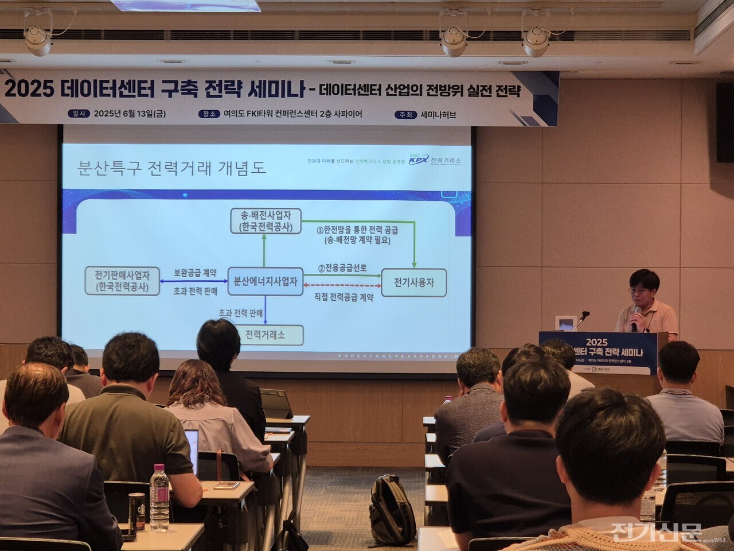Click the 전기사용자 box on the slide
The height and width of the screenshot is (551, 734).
pos(413,282)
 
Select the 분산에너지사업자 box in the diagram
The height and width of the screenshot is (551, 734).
pos(265,282)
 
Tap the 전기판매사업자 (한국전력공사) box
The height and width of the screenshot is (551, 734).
pos(122,281)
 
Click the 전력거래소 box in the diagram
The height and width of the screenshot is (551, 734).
pos(265,335)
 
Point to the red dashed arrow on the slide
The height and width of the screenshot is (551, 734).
pos(342,285)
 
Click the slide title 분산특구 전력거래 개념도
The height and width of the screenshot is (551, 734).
pos(172,168)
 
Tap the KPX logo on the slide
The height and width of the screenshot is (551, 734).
pos(418,160)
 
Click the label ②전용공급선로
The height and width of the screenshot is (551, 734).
pos(342,268)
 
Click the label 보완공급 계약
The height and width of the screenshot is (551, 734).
pos(195,273)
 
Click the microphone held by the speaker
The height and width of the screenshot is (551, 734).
pos(636,318)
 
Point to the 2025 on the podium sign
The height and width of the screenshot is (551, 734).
pos(596,342)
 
